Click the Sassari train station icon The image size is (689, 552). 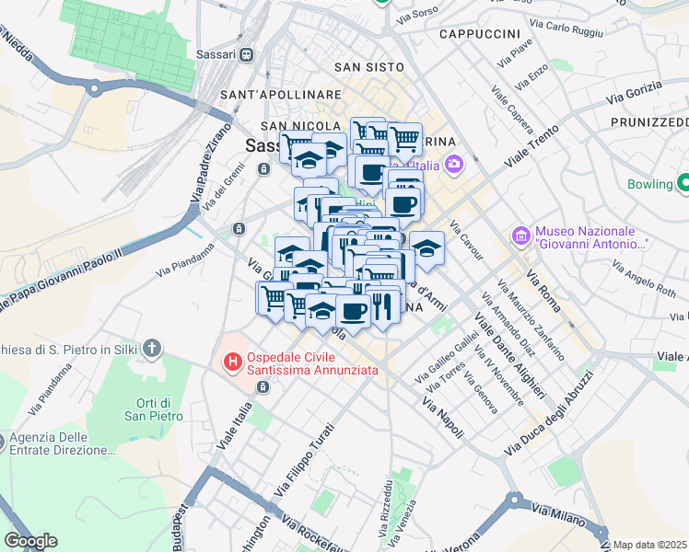tap(246, 54)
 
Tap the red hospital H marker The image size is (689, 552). tap(234, 362)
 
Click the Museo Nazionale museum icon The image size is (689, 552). tap(521, 236)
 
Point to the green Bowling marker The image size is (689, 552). tap(683, 183)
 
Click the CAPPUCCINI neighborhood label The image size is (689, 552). tap(480, 34)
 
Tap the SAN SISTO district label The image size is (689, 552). tap(368, 67)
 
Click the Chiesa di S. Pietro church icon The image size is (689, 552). tap(153, 349)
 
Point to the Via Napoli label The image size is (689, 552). tap(442, 418)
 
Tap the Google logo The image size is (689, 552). tap(29, 541)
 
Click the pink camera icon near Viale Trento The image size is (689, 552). tap(453, 165)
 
